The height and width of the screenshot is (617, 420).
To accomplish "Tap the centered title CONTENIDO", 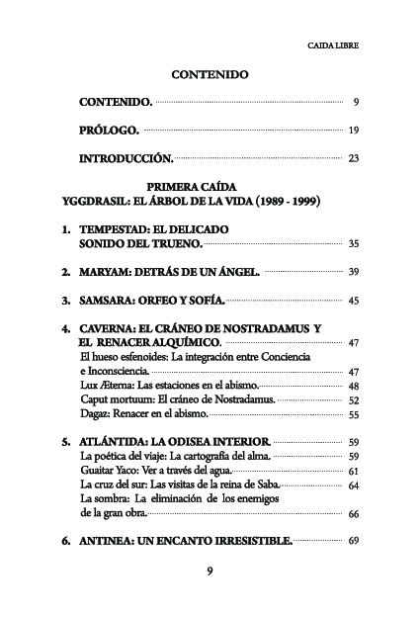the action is (x=210, y=74).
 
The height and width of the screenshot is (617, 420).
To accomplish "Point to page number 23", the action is (x=353, y=158).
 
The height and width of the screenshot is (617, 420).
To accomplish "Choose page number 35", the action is (x=353, y=243).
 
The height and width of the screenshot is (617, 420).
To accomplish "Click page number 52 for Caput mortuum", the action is (x=353, y=399).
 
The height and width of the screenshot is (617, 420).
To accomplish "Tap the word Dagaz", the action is (x=95, y=414).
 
